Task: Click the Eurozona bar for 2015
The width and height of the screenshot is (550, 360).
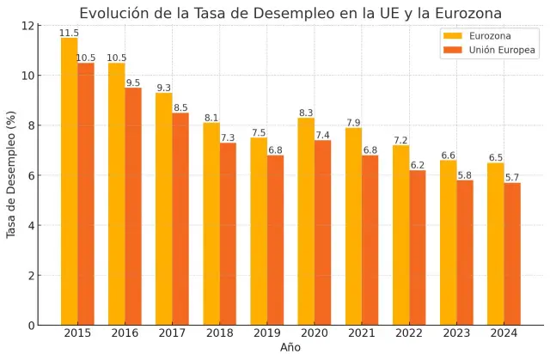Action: tap(69, 181)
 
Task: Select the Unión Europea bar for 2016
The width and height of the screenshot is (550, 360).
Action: tap(133, 206)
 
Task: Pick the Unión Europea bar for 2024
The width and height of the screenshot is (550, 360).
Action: tap(512, 253)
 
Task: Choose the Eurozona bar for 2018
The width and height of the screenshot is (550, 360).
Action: tap(211, 224)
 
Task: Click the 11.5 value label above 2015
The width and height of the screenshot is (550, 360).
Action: tap(69, 33)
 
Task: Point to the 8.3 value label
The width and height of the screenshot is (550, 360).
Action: tap(306, 113)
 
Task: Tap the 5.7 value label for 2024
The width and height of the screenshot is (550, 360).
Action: tap(512, 178)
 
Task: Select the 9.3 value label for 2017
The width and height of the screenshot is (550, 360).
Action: tap(164, 88)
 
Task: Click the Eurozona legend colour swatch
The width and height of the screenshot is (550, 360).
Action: tap(452, 36)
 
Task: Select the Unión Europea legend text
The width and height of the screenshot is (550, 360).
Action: tap(502, 51)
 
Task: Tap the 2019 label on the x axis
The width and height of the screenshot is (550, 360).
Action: tap(266, 333)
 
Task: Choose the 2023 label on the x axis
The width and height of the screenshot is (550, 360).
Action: tap(456, 333)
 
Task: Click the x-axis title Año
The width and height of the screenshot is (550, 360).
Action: tap(290, 348)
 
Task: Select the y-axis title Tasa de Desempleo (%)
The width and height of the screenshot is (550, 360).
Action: tap(12, 174)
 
